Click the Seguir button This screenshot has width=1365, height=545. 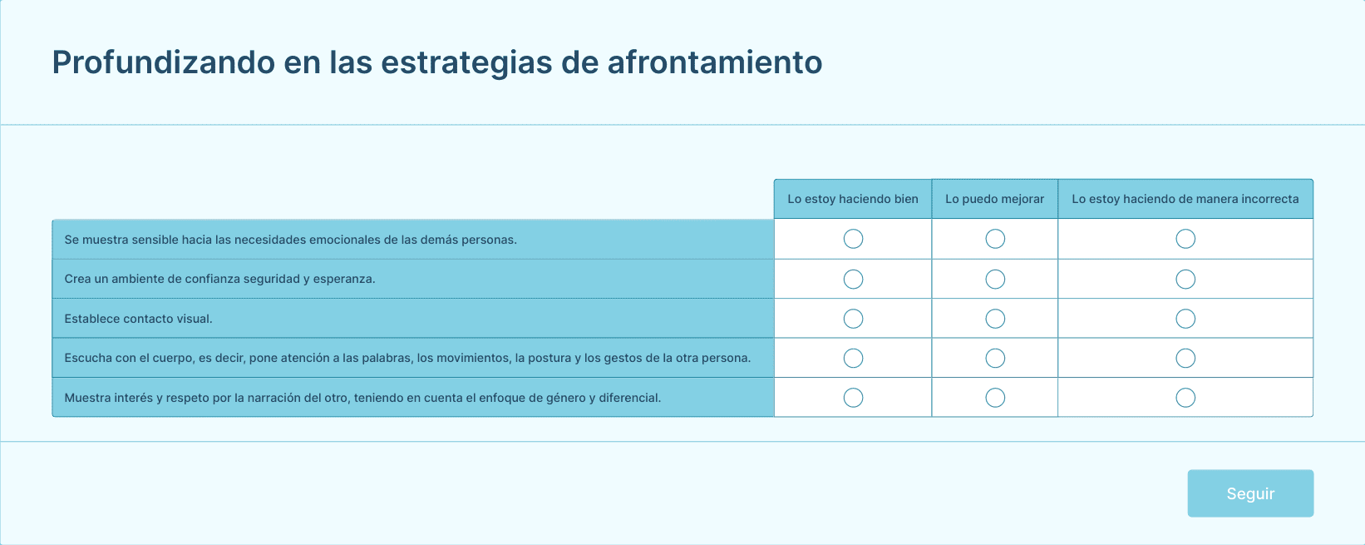tap(1250, 493)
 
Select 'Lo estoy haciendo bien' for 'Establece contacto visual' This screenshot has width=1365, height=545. tap(853, 319)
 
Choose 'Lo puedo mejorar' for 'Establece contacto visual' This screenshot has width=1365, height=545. tap(995, 319)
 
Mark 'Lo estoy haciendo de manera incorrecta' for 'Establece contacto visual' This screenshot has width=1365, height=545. tap(1185, 319)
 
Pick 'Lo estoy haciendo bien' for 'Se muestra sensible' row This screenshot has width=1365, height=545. tap(853, 239)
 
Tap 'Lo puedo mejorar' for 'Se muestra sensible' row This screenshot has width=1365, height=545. tap(995, 239)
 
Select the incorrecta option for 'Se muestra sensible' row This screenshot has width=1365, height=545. tap(1185, 239)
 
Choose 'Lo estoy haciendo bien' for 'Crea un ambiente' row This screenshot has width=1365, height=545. tap(853, 280)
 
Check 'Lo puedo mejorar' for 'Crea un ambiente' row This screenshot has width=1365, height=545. tap(995, 280)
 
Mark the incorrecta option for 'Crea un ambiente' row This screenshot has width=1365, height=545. tap(1185, 280)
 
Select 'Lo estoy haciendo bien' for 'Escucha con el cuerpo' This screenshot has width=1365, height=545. tap(853, 359)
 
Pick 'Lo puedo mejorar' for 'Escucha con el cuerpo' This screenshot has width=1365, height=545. tap(995, 359)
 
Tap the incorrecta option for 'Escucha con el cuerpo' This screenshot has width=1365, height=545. tap(1185, 359)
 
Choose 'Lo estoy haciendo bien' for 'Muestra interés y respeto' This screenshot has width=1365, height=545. tap(853, 398)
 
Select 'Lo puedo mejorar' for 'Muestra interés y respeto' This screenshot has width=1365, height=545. tap(995, 398)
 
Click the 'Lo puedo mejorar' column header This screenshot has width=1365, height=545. tap(994, 199)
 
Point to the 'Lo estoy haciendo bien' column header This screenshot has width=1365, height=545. tap(853, 199)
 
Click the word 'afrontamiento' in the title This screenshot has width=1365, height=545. tap(715, 62)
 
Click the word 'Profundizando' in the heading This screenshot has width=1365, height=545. tap(163, 62)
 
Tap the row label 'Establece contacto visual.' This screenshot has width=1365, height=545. tap(138, 319)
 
